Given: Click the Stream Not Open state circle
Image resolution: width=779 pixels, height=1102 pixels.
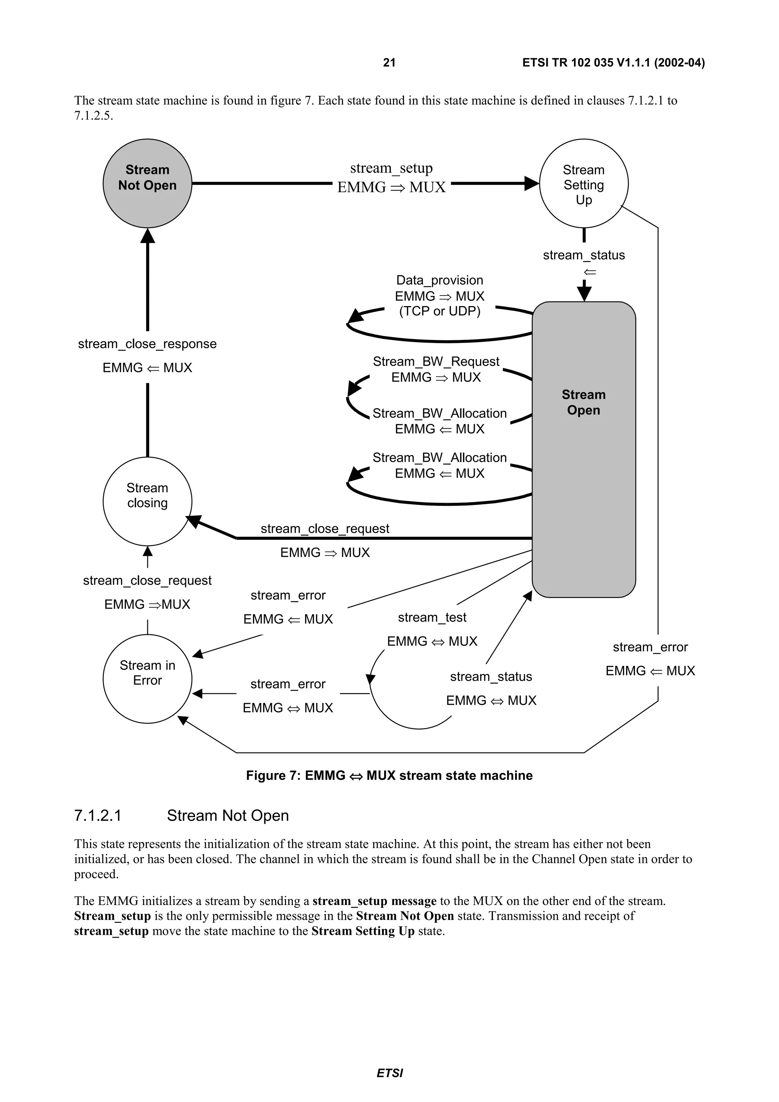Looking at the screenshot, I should (x=147, y=183).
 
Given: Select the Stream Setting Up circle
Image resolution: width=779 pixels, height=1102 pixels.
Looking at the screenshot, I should (x=583, y=184).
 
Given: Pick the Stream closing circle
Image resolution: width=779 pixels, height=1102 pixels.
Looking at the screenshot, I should (x=147, y=501).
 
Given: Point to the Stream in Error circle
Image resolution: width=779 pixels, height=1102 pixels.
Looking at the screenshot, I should (x=147, y=679).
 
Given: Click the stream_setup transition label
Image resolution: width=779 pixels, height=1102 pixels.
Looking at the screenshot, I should (x=391, y=168).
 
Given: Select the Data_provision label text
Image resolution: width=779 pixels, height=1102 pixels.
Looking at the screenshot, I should (x=439, y=280).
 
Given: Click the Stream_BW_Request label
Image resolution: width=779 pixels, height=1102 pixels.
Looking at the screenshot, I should (x=436, y=361).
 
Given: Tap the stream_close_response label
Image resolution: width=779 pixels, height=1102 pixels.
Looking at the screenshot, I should (x=147, y=344).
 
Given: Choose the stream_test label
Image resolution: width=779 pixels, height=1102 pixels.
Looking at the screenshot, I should (x=432, y=617).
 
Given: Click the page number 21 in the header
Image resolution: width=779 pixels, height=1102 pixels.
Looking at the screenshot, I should (x=389, y=62).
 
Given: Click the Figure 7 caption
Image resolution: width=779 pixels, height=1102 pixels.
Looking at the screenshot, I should (x=389, y=776).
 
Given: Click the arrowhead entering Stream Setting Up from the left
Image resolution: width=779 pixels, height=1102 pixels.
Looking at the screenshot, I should (x=532, y=183).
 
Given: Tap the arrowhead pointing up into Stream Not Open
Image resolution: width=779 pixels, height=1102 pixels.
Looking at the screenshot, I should (x=147, y=236).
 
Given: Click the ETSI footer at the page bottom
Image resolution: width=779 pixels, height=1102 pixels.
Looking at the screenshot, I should (x=389, y=1073).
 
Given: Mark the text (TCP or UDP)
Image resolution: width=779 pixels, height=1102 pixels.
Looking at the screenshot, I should (x=439, y=311).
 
